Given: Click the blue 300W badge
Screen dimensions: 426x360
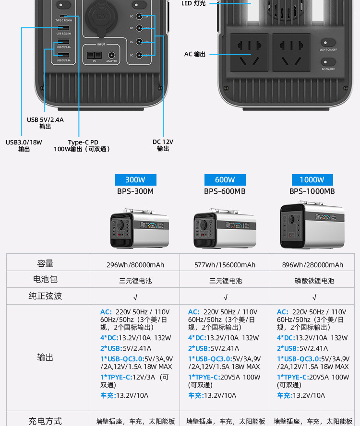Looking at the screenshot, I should pyautogui.click(x=135, y=180).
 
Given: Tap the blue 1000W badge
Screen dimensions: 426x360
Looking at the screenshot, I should pyautogui.click(x=312, y=180).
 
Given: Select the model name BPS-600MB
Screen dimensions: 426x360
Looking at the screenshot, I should pyautogui.click(x=225, y=191).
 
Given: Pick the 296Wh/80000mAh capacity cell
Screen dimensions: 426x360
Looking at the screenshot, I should pyautogui.click(x=135, y=265).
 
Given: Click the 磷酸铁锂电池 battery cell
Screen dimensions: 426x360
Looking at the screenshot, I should pyautogui.click(x=314, y=281).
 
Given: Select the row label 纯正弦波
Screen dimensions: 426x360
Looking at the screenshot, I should pyautogui.click(x=46, y=296).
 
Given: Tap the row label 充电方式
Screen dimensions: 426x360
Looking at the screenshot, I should pyautogui.click(x=46, y=421).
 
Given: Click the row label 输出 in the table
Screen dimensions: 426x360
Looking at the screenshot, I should pyautogui.click(x=46, y=357).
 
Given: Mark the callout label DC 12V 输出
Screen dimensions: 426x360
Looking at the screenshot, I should pyautogui.click(x=163, y=145).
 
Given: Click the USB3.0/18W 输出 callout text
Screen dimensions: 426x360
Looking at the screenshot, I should pyautogui.click(x=24, y=145).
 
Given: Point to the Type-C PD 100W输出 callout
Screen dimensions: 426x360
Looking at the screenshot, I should pyautogui.click(x=83, y=145).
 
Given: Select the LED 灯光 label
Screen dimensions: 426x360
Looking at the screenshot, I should pyautogui.click(x=193, y=3).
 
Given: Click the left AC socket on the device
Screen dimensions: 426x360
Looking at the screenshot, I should pyautogui.click(x=250, y=52).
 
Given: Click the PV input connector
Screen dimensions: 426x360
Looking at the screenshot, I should pyautogui.click(x=94, y=55).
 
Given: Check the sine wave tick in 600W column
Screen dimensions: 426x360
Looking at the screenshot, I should pyautogui.click(x=226, y=297).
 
